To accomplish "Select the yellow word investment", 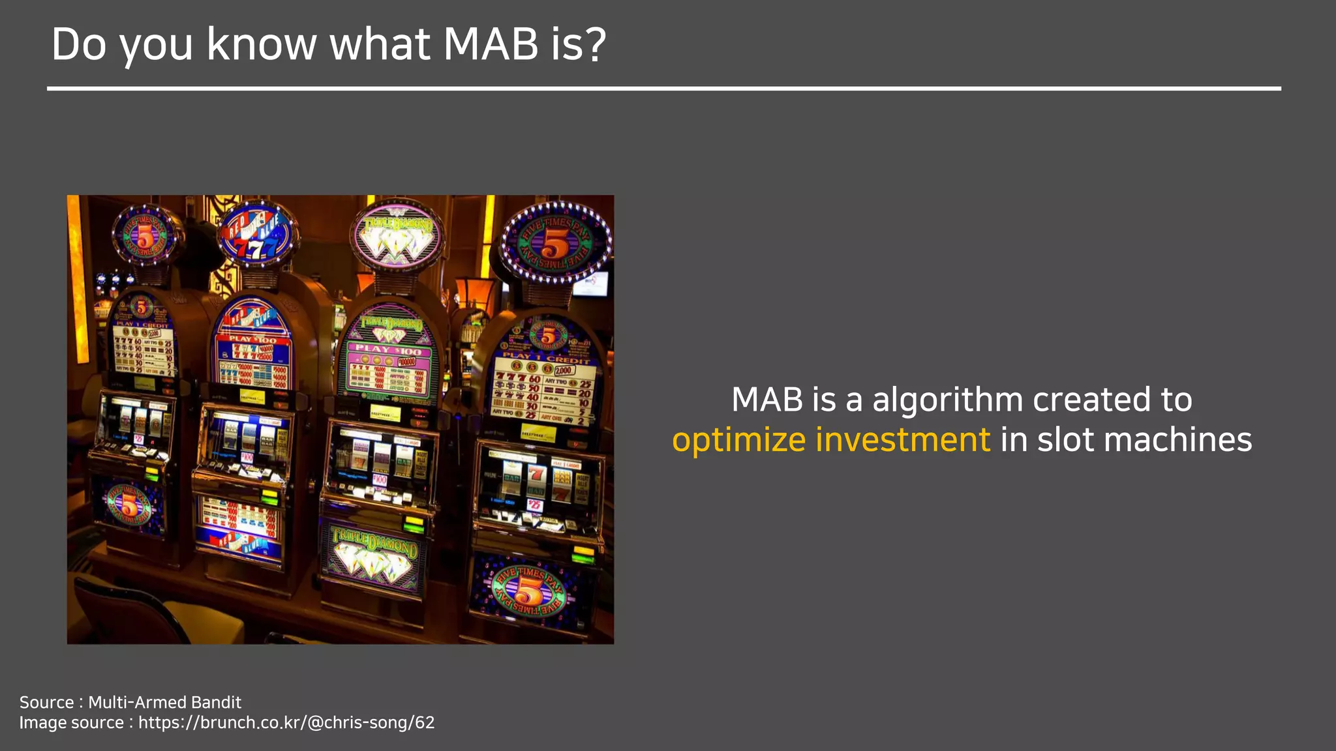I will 903,439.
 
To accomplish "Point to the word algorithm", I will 947,400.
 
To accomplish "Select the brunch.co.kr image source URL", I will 286,722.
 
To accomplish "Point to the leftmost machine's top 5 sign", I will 145,235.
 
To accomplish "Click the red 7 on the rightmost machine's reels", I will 536,474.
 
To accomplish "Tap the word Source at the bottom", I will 46,702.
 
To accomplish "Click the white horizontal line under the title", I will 663,88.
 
